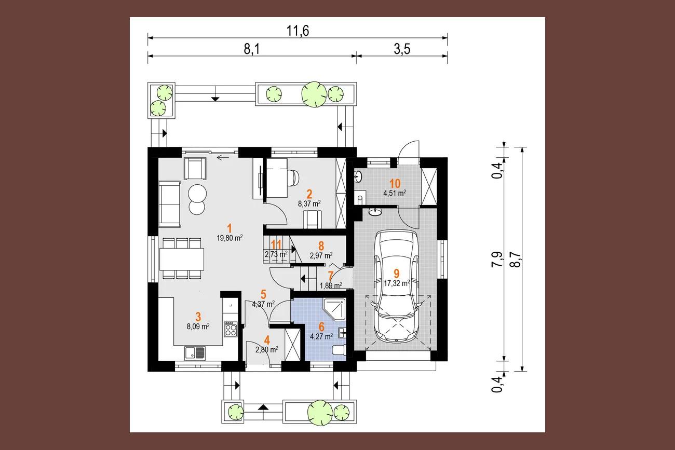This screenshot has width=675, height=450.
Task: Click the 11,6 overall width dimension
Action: (x=298, y=31)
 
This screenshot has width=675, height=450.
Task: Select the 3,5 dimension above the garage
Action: (x=402, y=49)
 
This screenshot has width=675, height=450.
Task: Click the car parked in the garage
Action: (x=396, y=286)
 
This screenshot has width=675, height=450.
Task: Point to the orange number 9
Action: (x=397, y=274)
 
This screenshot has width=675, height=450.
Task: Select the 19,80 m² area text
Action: (x=230, y=238)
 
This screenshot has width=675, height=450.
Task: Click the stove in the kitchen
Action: (x=231, y=329)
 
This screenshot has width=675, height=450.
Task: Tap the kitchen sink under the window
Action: (x=195, y=353)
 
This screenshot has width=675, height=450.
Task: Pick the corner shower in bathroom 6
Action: (x=334, y=309)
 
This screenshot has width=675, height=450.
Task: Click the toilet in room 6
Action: (x=339, y=350)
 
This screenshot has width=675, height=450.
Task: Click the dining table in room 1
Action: (x=182, y=259)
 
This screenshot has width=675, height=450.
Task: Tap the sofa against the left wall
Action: (x=169, y=204)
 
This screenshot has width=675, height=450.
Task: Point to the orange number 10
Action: (x=395, y=183)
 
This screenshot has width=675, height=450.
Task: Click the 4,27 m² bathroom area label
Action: (x=321, y=336)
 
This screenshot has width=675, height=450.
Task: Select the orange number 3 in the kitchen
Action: (x=198, y=317)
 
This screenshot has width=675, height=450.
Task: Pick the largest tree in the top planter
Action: (x=314, y=94)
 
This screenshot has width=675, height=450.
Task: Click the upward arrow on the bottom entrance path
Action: (x=264, y=407)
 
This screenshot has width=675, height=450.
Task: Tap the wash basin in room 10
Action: (x=358, y=176)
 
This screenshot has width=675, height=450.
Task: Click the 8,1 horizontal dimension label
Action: (x=252, y=49)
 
